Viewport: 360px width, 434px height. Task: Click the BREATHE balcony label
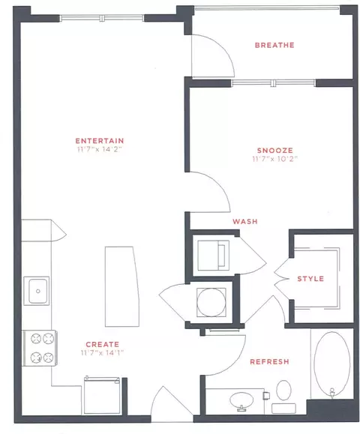pyautogui.click(x=274, y=45)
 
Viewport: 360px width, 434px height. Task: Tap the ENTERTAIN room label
pyautogui.click(x=100, y=141)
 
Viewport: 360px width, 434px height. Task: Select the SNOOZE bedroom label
pyautogui.click(x=275, y=151)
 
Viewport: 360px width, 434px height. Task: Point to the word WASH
pyautogui.click(x=245, y=221)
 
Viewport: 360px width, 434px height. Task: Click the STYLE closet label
pyautogui.click(x=310, y=279)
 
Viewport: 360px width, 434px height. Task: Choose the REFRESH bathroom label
pyautogui.click(x=269, y=362)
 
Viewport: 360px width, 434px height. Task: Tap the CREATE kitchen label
pyautogui.click(x=103, y=344)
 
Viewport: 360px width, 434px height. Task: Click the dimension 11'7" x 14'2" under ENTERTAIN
pyautogui.click(x=100, y=149)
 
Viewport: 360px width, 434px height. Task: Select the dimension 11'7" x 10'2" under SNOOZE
pyautogui.click(x=274, y=159)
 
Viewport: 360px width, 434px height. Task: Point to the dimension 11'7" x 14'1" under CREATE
pyautogui.click(x=102, y=353)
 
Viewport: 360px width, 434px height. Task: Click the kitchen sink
pyautogui.click(x=37, y=291)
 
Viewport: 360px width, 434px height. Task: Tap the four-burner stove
pyautogui.click(x=40, y=349)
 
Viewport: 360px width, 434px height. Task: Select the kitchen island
pyautogui.click(x=121, y=286)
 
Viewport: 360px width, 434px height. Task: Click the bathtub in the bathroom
pyautogui.click(x=331, y=364)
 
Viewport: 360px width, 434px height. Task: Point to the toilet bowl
pyautogui.click(x=283, y=390)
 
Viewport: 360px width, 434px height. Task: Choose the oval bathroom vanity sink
pyautogui.click(x=241, y=400)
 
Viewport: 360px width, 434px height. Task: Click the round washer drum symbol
pyautogui.click(x=211, y=303)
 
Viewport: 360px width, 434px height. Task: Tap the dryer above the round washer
pyautogui.click(x=213, y=255)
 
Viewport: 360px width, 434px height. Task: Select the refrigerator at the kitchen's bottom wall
pyautogui.click(x=102, y=395)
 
